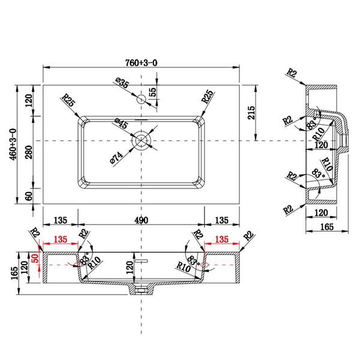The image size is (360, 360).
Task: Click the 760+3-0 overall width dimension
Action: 141,62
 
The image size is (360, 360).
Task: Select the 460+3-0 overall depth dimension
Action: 13,144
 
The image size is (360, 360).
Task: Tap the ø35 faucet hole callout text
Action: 122,83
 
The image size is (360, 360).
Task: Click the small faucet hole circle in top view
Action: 141,100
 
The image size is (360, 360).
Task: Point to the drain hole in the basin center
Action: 141,140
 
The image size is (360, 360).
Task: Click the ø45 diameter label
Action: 121,123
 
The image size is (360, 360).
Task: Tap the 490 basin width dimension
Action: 141,220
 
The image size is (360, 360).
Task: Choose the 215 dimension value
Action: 251,113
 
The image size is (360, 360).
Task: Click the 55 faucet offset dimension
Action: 152,92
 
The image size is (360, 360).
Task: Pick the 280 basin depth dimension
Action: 29,152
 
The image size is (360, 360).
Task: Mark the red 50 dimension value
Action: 35,259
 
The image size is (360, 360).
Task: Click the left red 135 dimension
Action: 61,239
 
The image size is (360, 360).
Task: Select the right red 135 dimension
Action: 221,239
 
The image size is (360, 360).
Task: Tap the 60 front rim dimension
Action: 29,196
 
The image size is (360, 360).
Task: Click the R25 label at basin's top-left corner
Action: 68,100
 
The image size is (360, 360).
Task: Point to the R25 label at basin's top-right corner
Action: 208,96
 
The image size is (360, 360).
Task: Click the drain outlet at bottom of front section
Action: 141,290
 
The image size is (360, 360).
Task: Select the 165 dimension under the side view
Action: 327,227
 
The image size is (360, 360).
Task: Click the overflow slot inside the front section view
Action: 141,260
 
